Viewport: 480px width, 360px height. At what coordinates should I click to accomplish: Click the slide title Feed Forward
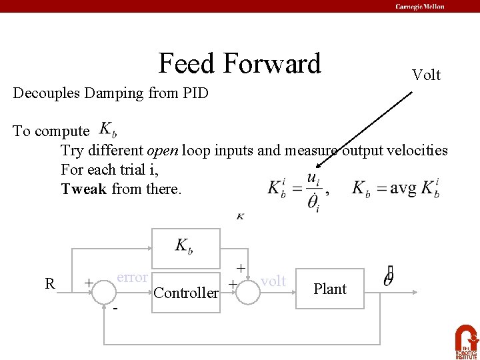coord(240,64)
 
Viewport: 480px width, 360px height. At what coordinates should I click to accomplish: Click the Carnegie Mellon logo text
coord(419,7)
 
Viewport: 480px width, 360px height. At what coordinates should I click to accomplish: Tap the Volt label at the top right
coord(426,75)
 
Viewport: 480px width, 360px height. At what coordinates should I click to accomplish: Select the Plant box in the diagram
coord(330,289)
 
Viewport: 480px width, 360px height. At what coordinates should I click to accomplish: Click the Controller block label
coord(186,293)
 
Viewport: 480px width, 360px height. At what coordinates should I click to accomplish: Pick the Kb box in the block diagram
coord(185,247)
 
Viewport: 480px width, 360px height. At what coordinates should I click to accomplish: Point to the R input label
coord(49,283)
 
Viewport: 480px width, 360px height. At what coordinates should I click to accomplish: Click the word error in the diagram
coord(132,277)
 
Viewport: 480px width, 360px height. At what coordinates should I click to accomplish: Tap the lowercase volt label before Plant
coord(273,281)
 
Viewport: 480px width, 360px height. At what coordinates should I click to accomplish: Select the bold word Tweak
coord(83,189)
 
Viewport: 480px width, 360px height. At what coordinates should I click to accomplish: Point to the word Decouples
coord(45,93)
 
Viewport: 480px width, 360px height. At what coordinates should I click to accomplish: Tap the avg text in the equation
coord(403,187)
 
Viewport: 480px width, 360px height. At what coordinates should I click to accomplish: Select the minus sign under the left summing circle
coord(115,310)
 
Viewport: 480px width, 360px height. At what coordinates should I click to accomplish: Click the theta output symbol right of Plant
coord(389,276)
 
